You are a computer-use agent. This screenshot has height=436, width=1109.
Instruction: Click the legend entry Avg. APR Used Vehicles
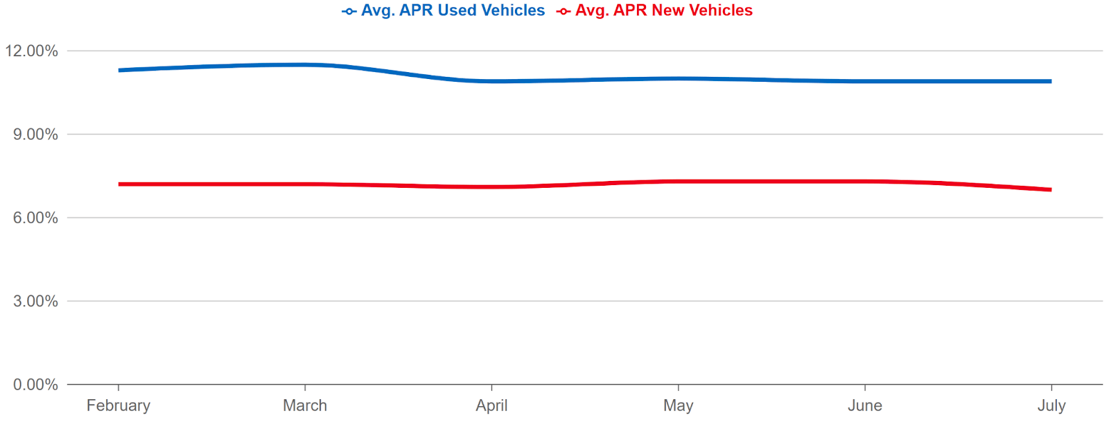(x=453, y=10)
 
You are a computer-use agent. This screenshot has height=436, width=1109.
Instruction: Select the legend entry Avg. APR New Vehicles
(x=663, y=10)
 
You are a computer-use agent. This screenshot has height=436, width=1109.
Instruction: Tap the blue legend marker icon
(x=349, y=11)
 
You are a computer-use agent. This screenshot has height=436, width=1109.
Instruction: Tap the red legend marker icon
(x=564, y=11)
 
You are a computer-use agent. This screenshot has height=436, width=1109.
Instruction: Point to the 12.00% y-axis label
(x=31, y=51)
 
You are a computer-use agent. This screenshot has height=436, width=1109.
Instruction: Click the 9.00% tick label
(x=35, y=134)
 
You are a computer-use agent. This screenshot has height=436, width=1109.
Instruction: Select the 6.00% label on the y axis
(x=35, y=218)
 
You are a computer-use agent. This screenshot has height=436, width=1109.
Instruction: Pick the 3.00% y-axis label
(x=35, y=301)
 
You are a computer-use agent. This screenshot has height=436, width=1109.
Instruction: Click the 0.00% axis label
(x=35, y=385)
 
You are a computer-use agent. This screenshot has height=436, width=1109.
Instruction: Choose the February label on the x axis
(x=119, y=406)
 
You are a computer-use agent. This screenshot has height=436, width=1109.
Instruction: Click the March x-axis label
(x=305, y=406)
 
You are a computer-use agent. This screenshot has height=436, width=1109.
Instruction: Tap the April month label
(x=491, y=406)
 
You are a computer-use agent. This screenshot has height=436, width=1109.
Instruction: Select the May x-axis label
(x=678, y=406)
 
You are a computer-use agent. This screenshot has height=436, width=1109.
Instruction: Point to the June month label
(x=864, y=406)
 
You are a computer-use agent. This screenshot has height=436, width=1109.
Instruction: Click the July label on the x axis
(x=1051, y=406)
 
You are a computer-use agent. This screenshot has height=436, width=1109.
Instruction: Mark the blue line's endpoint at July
(x=1050, y=81)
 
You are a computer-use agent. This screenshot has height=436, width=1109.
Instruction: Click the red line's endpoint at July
(x=1050, y=189)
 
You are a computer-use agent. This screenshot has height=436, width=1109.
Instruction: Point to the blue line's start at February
(x=120, y=70)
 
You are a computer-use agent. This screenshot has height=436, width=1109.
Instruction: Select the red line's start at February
(x=120, y=184)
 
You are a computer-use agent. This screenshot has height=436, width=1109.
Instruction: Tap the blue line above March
(x=305, y=64)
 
